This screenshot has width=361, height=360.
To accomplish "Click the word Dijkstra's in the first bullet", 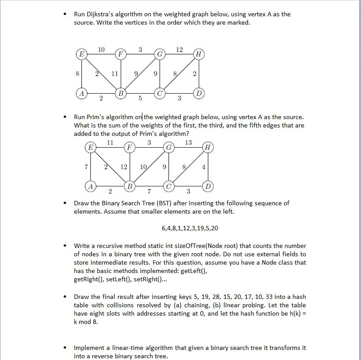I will pos(100,14).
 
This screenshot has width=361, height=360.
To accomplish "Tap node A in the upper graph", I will pos(81,93).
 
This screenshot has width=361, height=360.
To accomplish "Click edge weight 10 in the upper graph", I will pos(101,49).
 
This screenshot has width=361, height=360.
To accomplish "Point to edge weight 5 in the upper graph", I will pos(140,98).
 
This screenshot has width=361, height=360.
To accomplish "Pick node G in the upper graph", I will pos(160,55).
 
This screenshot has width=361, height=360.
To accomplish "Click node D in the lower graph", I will pos(208,186).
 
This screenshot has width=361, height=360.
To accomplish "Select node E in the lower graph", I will pos(91,147).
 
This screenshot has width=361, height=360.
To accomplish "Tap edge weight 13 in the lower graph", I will pos(188,142).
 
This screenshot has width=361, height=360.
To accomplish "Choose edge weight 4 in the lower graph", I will pos(203,167).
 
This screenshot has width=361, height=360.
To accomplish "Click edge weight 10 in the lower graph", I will pos(143,167).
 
